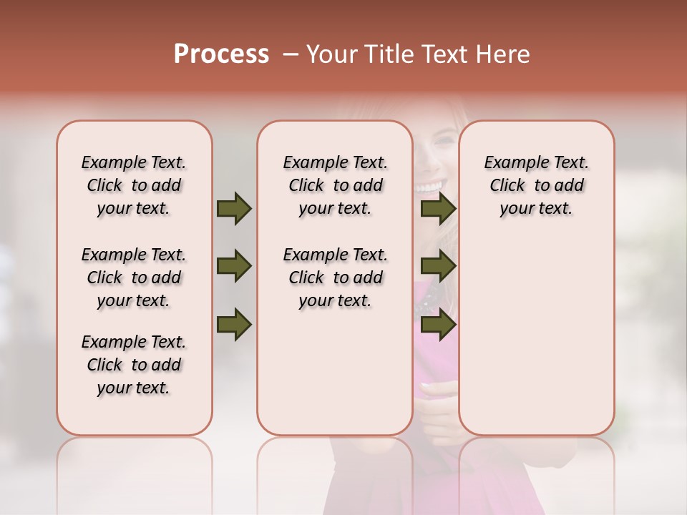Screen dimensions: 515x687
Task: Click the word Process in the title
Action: (x=221, y=54)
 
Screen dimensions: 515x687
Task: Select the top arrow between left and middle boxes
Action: (x=234, y=208)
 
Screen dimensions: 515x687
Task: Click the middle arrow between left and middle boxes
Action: (x=234, y=267)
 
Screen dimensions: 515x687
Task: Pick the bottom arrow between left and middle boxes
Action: (x=234, y=324)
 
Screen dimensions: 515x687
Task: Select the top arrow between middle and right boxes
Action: (x=438, y=208)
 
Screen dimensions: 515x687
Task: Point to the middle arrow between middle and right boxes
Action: (x=438, y=267)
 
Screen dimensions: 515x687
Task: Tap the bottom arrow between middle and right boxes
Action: (x=438, y=324)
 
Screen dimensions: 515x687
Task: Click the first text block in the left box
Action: (x=134, y=185)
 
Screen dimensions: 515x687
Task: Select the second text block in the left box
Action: (x=134, y=278)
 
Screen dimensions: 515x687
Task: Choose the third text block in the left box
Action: (x=134, y=365)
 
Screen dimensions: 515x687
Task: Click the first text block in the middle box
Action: (x=335, y=185)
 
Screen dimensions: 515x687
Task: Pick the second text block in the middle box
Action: (x=335, y=278)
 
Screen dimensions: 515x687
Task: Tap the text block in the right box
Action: (x=536, y=185)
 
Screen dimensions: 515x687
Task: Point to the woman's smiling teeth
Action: (x=430, y=187)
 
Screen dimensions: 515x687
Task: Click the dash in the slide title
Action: (x=291, y=54)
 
